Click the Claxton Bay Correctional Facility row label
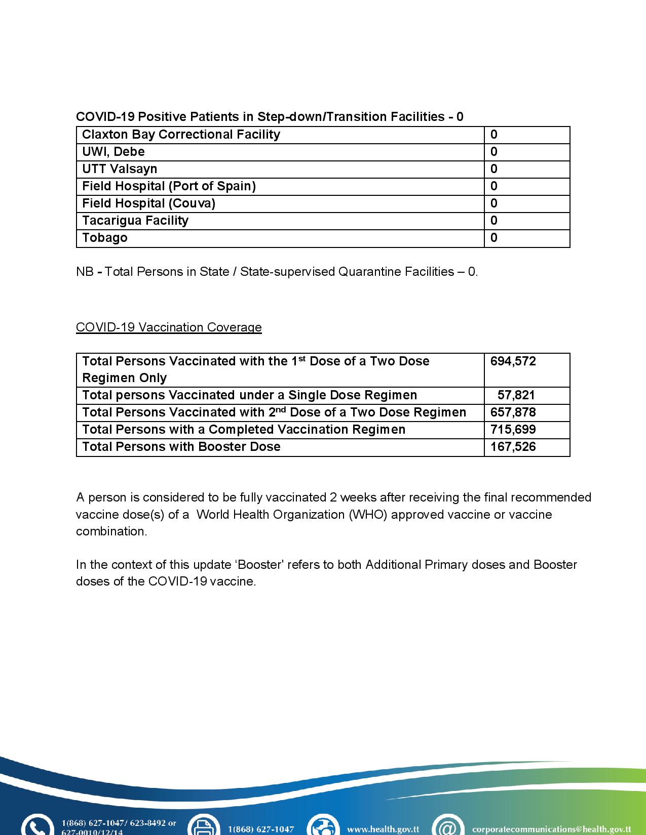[181, 135]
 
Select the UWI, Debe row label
[113, 152]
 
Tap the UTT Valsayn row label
[120, 169]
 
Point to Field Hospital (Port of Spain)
[169, 186]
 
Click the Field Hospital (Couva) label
[148, 203]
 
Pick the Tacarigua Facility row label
[135, 221]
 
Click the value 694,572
[513, 361]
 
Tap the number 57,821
[516, 395]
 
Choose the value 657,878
[513, 412]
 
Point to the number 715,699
[513, 430]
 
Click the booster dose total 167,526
[513, 447]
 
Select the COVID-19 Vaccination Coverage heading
[169, 327]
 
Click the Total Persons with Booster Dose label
[181, 447]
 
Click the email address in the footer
[551, 829]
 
